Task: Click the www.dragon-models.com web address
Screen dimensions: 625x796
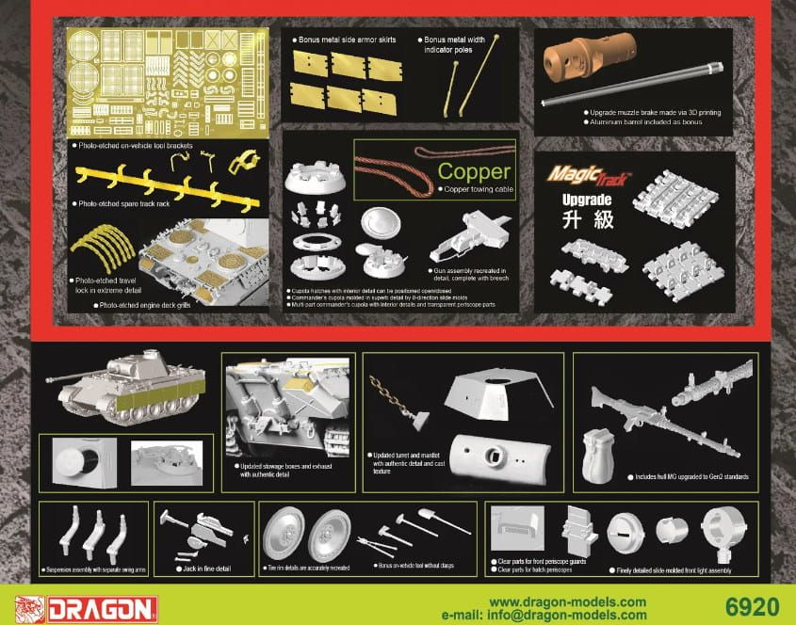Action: pyautogui.click(x=568, y=601)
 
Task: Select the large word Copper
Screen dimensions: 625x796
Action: pyautogui.click(x=475, y=172)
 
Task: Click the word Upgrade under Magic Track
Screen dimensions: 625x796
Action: pyautogui.click(x=587, y=200)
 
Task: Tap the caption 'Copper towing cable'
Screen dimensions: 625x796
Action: pyautogui.click(x=479, y=189)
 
